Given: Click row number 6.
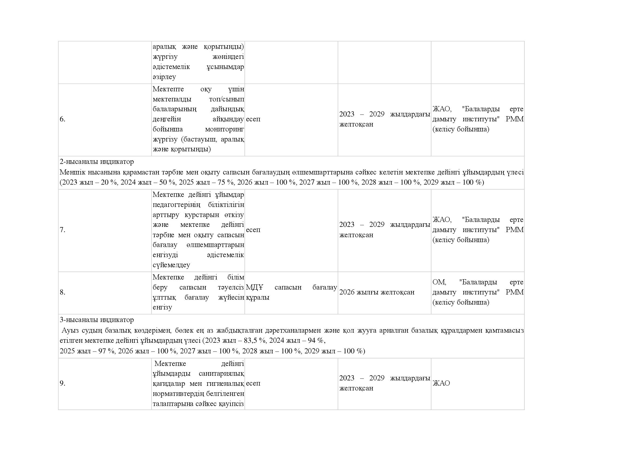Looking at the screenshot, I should click(x=62, y=119).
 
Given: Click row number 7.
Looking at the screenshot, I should click(x=62, y=230).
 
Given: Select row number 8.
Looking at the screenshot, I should click(x=62, y=292).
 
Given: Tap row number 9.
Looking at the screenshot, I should click(x=62, y=383).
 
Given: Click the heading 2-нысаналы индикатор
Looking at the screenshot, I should click(x=97, y=162).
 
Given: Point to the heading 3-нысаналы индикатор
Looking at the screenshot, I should click(x=97, y=320).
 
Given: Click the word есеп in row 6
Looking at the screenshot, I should click(x=253, y=119).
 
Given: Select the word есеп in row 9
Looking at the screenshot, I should click(x=253, y=383).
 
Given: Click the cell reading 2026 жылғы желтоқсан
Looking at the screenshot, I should click(x=377, y=292).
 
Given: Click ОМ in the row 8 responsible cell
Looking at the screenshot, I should click(x=439, y=282).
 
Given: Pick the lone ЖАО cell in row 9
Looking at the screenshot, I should click(x=441, y=383).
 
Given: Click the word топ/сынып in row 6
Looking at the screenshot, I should click(x=226, y=99).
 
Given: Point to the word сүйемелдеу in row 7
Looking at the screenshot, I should click(x=171, y=265).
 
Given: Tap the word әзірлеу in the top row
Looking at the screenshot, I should click(x=164, y=77).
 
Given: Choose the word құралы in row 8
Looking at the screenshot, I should click(x=257, y=297).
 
